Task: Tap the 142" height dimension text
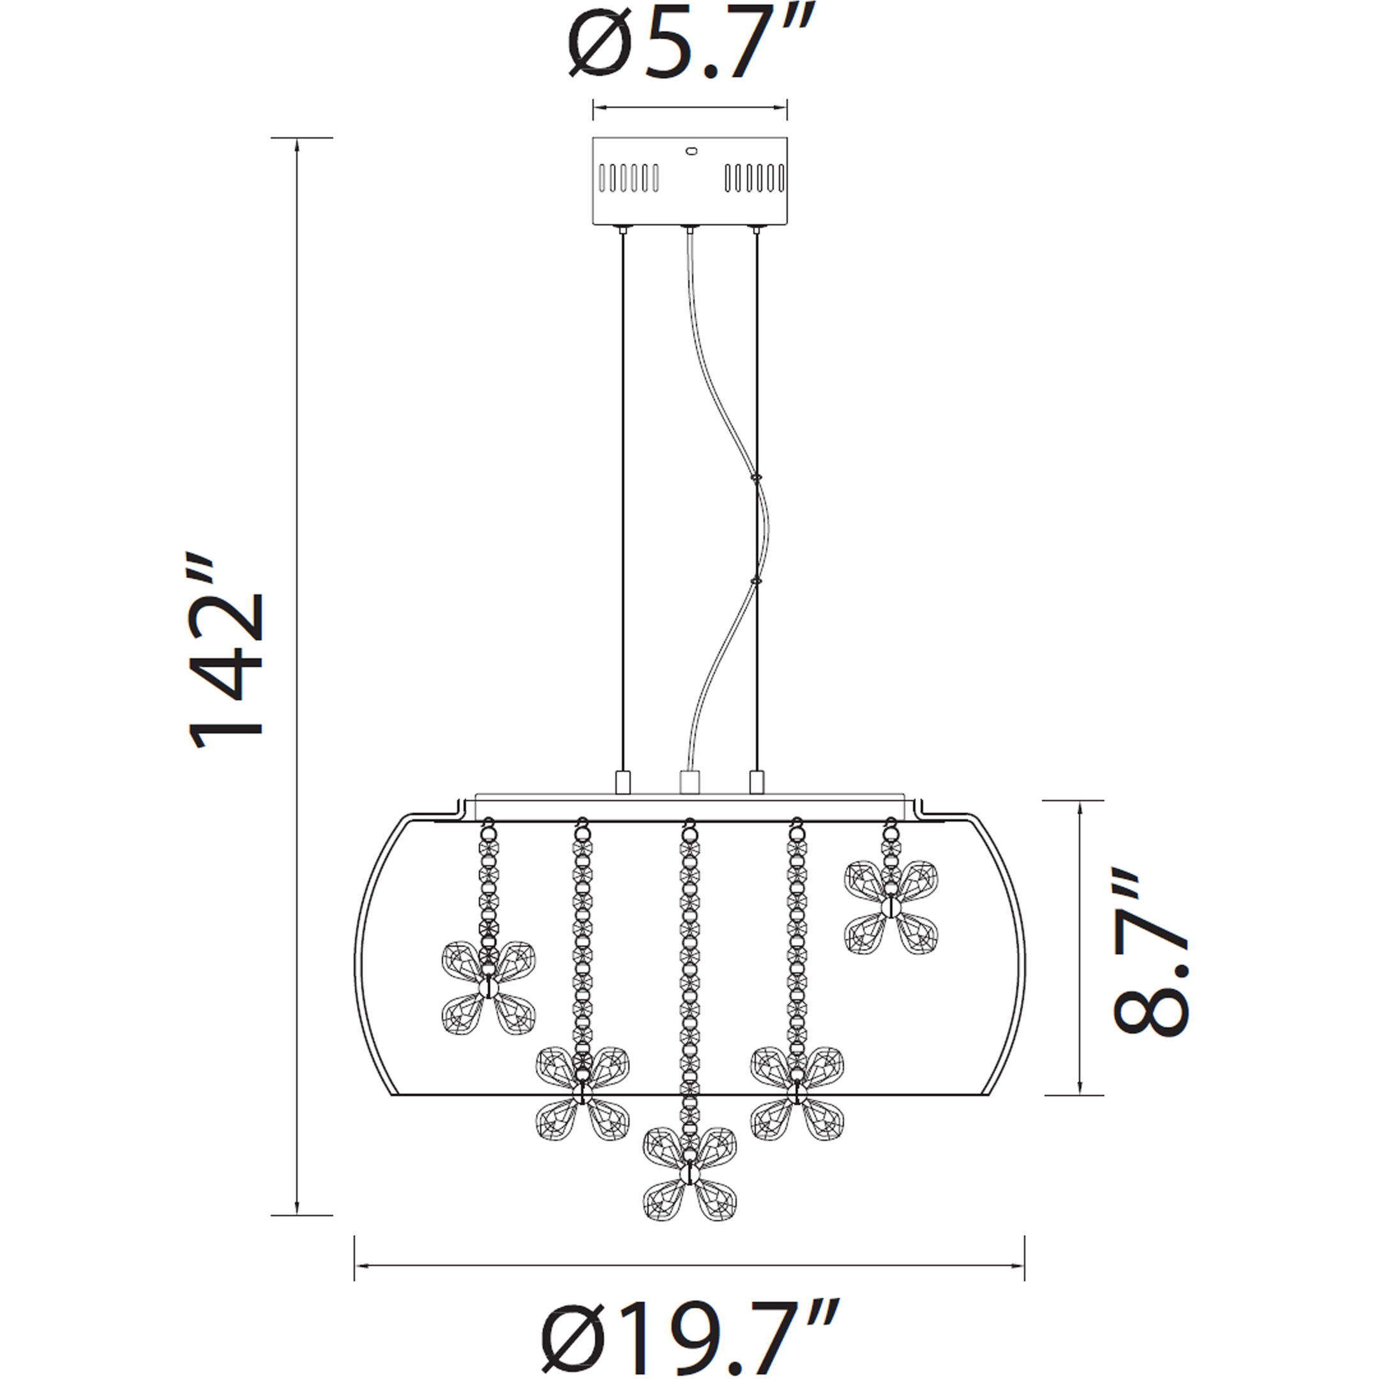tap(226, 649)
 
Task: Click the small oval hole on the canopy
tap(690, 151)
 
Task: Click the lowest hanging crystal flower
tap(689, 1173)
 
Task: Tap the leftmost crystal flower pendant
tap(489, 988)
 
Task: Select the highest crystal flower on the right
tap(891, 907)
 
